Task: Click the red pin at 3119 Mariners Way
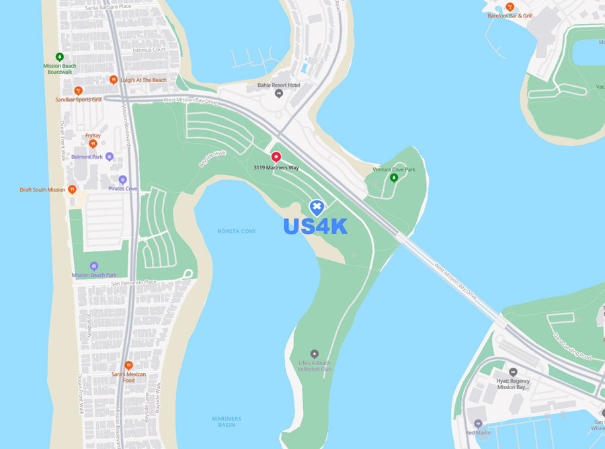[x=276, y=157]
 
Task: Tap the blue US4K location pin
[x=317, y=207]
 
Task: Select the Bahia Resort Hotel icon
[x=280, y=93]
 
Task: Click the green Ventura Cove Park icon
[x=394, y=177]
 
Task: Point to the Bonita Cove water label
[x=237, y=231]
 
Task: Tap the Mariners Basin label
[x=227, y=421]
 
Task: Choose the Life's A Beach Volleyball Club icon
[x=314, y=354]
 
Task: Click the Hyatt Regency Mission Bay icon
[x=514, y=372]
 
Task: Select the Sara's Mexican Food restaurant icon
[x=128, y=365]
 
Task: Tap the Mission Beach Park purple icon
[x=94, y=266]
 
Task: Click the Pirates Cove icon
[x=122, y=180]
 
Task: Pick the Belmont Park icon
[x=110, y=157]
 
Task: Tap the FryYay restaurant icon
[x=93, y=143]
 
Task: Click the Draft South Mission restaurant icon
[x=73, y=190]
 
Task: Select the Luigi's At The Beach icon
[x=114, y=80]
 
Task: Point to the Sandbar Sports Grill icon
[x=78, y=90]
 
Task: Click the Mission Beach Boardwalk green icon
[x=60, y=57]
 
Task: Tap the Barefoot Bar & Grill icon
[x=510, y=7]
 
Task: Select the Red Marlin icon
[x=478, y=424]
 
